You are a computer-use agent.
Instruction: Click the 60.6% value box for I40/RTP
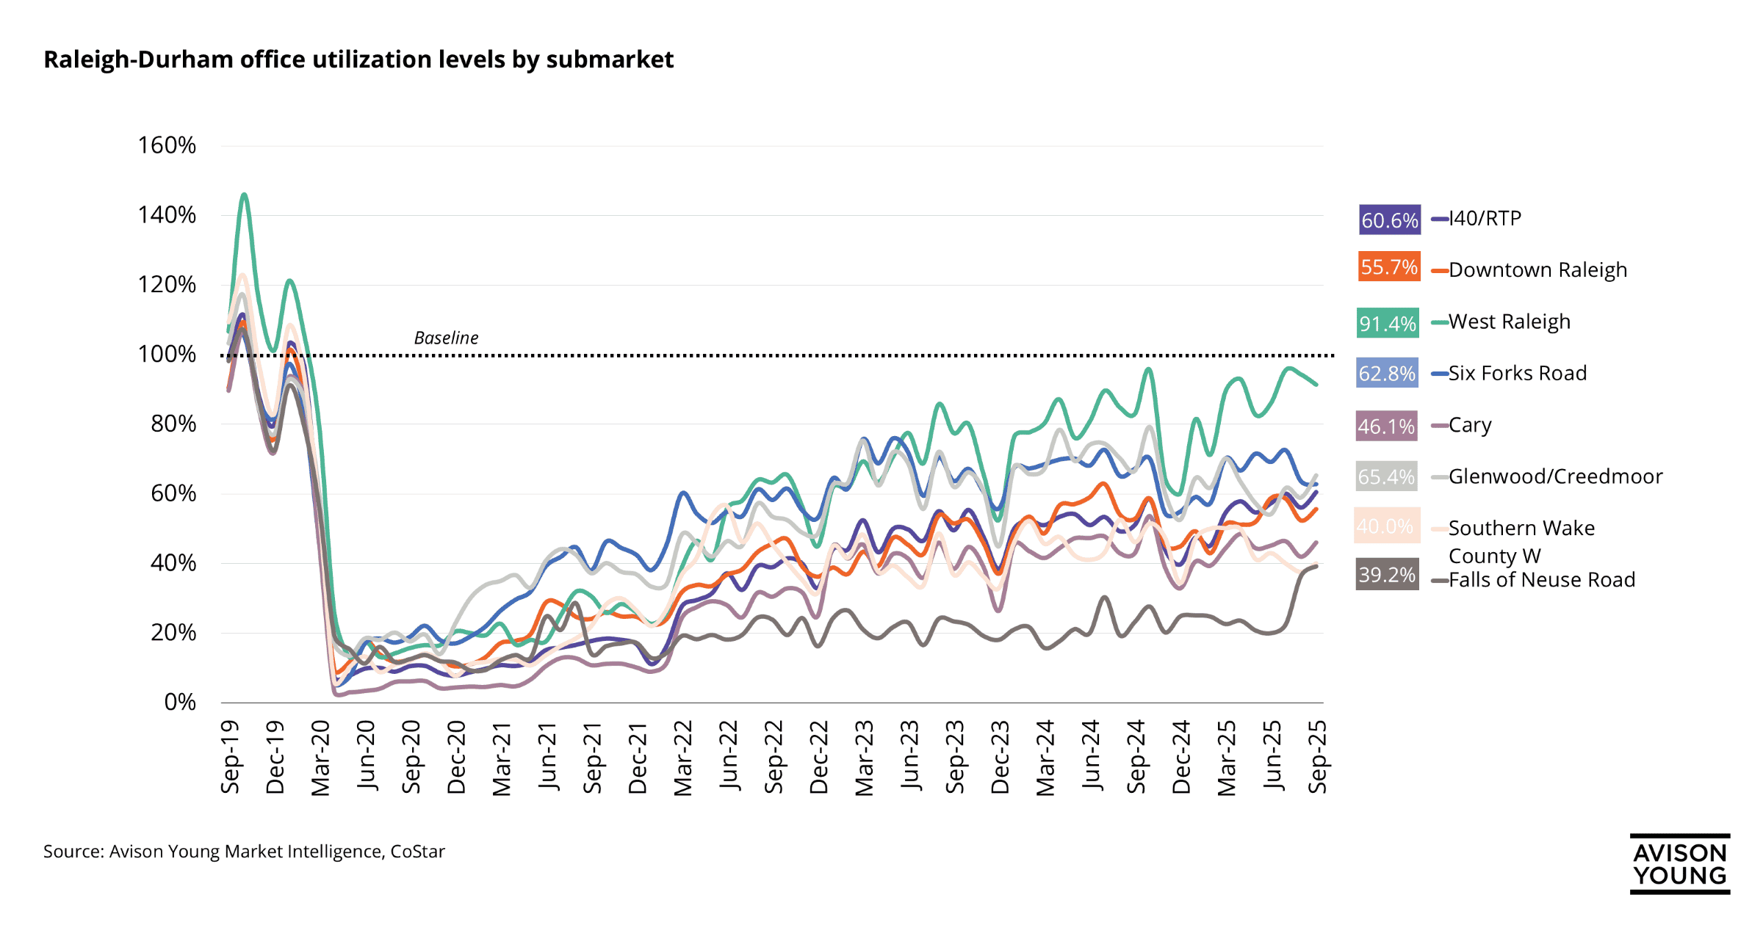tap(1389, 220)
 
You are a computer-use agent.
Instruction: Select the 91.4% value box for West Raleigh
tap(1387, 323)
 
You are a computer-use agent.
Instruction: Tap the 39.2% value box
tap(1386, 574)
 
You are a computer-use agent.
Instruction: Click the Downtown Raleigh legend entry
tap(1537, 270)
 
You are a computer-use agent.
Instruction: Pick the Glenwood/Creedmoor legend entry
tap(1554, 476)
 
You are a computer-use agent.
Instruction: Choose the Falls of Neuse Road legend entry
tap(1541, 580)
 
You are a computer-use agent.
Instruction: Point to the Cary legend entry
tap(1469, 425)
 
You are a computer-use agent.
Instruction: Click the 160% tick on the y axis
tap(167, 145)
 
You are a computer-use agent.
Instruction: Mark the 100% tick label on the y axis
tap(167, 355)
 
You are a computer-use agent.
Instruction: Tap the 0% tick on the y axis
tap(179, 703)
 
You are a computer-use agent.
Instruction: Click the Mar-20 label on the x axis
tap(321, 758)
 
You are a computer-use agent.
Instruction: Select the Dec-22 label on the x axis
tap(819, 758)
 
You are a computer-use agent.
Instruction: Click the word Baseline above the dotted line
tap(446, 338)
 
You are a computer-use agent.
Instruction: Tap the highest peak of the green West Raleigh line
tap(244, 195)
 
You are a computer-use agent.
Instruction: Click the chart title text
tap(358, 59)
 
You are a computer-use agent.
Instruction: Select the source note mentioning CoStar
tap(244, 852)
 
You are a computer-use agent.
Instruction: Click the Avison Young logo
tap(1679, 864)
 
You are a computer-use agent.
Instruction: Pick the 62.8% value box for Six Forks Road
tap(1386, 374)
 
